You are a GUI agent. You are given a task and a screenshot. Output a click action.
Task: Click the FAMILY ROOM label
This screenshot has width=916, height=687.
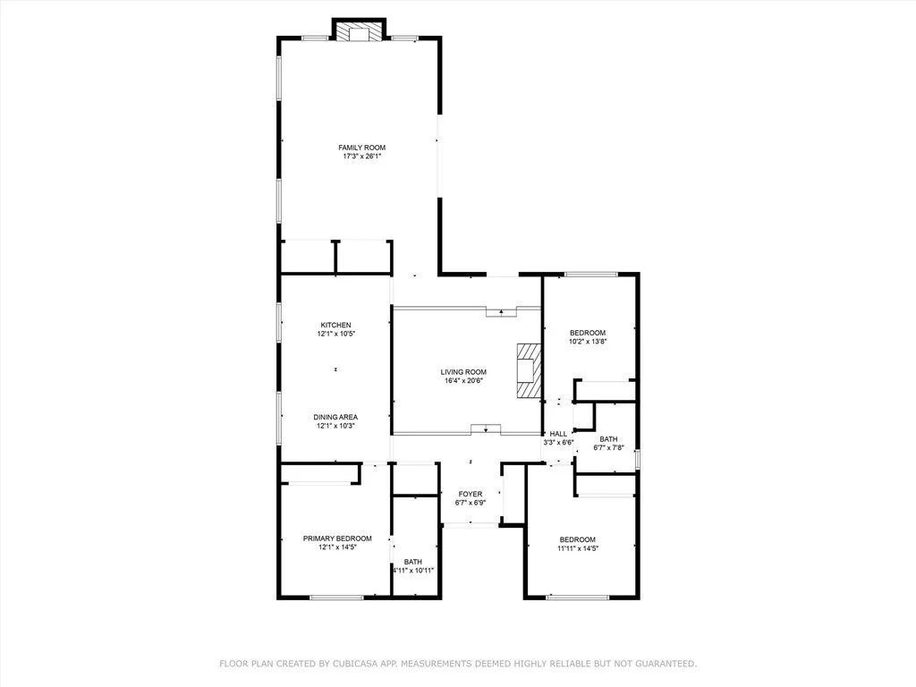coord(361,148)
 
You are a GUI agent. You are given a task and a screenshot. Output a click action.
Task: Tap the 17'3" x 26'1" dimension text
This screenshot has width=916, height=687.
coord(361,157)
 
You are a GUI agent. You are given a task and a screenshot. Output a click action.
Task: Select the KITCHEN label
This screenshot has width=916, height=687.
coord(335,325)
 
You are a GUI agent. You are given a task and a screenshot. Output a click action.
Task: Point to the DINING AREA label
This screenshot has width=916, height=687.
coord(335,417)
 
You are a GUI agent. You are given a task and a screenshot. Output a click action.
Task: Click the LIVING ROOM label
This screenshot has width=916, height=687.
coord(463,372)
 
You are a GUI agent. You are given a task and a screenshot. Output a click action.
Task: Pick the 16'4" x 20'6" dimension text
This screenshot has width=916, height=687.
coord(463,381)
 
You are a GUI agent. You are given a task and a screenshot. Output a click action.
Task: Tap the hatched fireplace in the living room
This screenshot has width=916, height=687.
coord(528,369)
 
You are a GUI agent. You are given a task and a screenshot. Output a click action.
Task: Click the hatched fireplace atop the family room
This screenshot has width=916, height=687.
coord(360,32)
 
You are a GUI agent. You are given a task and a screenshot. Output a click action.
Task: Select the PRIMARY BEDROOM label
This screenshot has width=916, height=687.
coord(330,539)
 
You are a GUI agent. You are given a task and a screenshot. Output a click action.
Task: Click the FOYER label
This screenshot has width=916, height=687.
coord(471,494)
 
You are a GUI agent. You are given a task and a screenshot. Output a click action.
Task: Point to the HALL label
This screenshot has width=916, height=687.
coord(558,434)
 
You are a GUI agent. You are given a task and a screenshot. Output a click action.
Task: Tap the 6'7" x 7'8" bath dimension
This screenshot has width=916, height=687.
coord(608,447)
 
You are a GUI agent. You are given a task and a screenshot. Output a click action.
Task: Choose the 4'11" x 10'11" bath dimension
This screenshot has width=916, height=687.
coord(413,571)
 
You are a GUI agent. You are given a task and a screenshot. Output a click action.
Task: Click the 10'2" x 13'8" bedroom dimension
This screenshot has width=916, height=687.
coord(588,342)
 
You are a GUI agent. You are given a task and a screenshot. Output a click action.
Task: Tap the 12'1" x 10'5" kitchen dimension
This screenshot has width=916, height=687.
coord(335,334)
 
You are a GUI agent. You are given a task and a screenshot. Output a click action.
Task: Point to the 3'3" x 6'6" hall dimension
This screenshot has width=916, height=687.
coord(558,443)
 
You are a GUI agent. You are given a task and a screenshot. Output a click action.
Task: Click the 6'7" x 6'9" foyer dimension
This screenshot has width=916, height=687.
coord(471,503)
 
